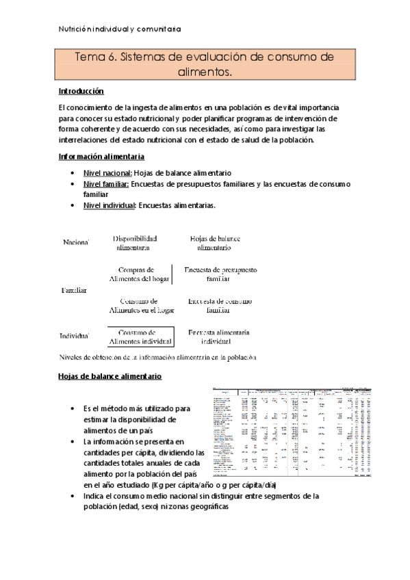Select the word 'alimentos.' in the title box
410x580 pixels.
pos(205,70)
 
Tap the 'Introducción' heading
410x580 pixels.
pos(81,90)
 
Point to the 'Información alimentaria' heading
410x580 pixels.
pos(100,157)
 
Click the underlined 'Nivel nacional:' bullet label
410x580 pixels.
pos(107,173)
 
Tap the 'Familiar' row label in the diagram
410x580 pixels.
pos(74,290)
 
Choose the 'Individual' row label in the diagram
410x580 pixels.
pos(76,336)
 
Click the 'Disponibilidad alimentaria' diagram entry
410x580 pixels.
pos(136,243)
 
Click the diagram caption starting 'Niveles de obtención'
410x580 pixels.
pos(157,356)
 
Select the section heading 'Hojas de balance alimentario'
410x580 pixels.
pos(110,377)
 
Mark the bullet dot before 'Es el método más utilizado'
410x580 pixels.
pos(73,408)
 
